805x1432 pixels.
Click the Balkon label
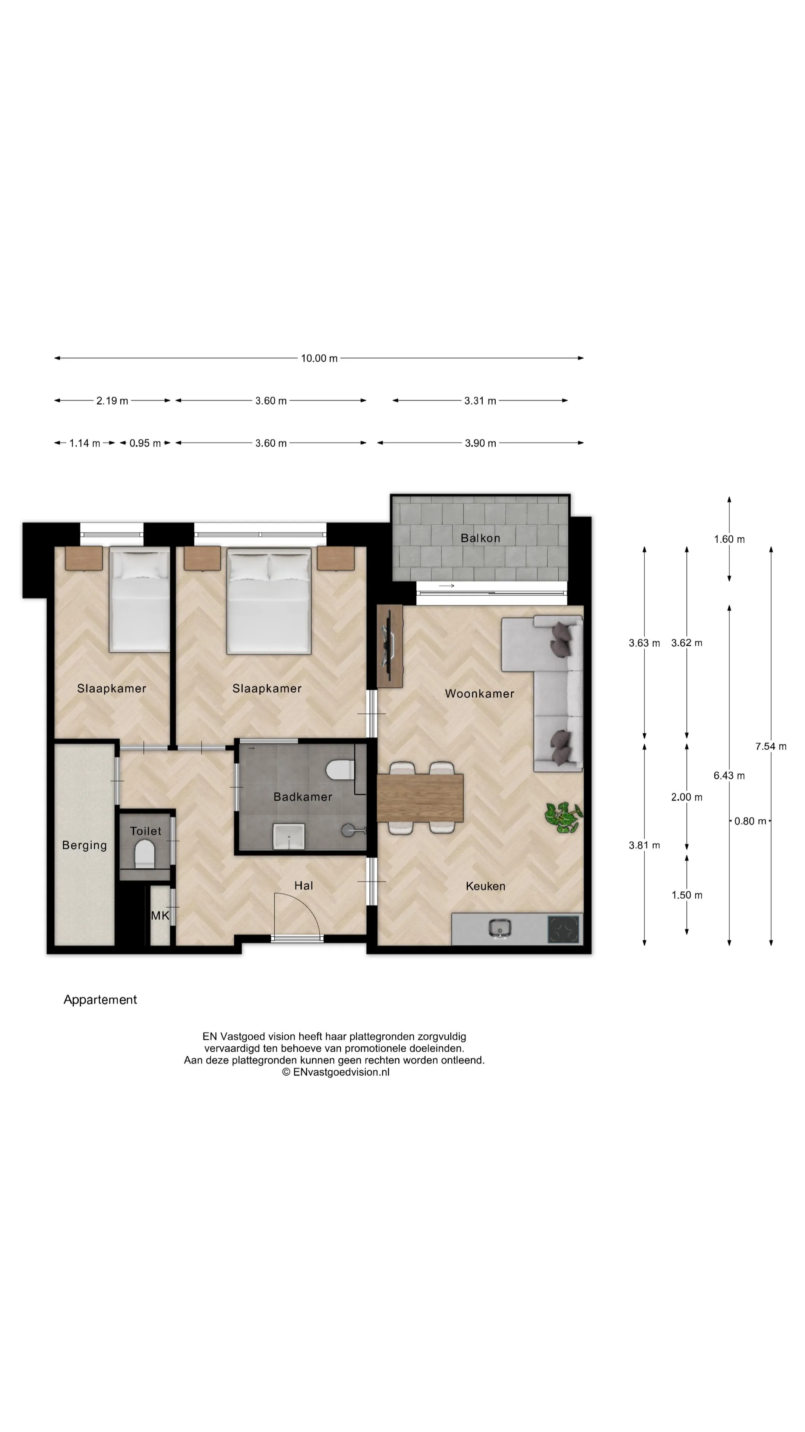tap(480, 538)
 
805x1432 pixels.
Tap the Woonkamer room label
tap(479, 693)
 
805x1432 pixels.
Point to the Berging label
tap(85, 845)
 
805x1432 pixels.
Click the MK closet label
tap(160, 916)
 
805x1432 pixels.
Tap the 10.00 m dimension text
tap(319, 358)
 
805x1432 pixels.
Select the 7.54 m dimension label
tap(771, 747)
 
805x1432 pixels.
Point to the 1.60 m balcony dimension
tap(729, 539)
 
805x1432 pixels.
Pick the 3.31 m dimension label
tap(480, 401)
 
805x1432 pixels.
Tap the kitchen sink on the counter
tap(501, 928)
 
